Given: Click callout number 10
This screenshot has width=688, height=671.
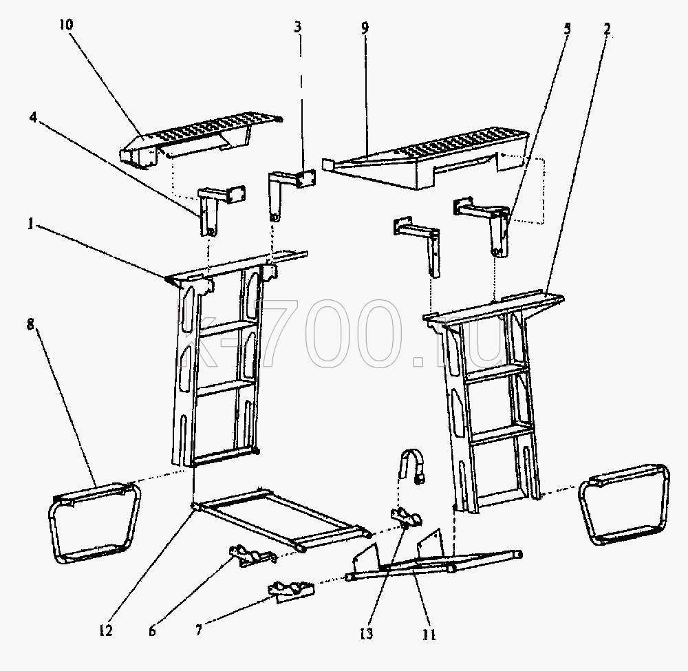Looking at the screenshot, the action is point(66,25).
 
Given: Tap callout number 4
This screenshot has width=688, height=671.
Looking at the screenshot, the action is point(33,118).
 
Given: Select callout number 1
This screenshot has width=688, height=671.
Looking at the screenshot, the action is point(30,224).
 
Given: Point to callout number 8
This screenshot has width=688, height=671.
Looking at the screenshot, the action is point(31,326).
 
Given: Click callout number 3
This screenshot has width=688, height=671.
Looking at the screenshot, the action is point(298,28).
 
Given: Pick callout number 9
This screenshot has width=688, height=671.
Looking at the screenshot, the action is point(365,28).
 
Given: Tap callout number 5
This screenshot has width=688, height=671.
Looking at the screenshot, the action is point(568,29).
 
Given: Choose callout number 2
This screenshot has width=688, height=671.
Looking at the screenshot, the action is point(607,30).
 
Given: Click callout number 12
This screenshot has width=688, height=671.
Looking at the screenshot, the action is point(106,630).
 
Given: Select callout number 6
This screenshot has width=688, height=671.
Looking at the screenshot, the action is point(152,631).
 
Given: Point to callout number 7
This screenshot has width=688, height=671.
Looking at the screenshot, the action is point(199,630).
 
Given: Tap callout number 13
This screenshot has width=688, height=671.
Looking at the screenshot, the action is point(367,634).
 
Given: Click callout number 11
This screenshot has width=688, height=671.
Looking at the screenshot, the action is point(429,635).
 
